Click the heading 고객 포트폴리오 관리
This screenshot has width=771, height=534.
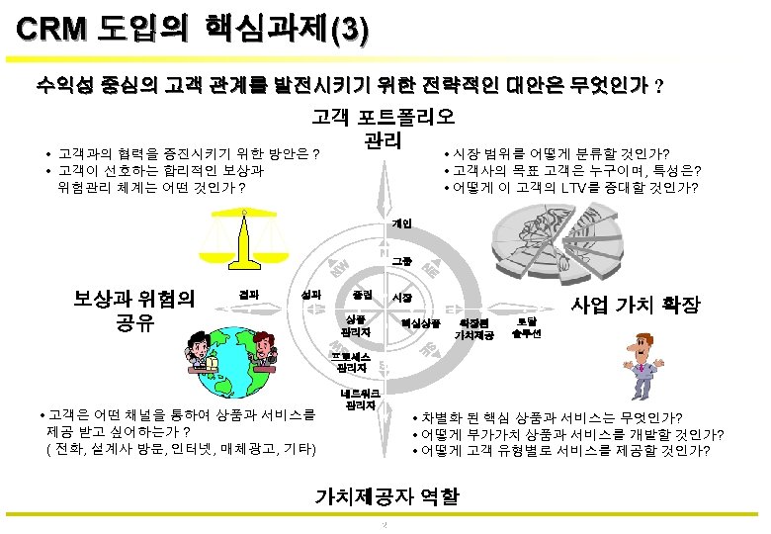383,129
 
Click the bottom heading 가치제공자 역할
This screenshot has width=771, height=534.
385,496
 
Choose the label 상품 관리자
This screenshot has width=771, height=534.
354,324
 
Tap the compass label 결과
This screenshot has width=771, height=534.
250,293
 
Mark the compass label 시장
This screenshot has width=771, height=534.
402,296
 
